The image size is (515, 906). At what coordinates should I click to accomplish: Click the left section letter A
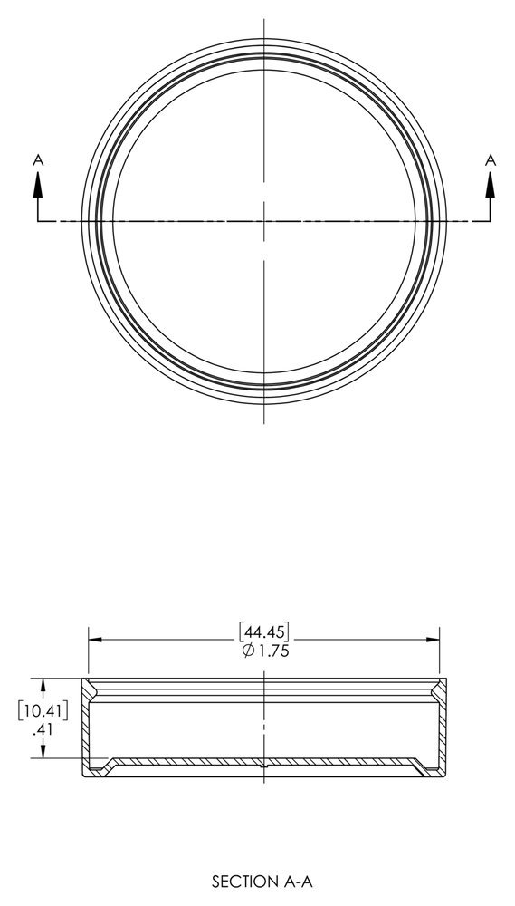[38, 159]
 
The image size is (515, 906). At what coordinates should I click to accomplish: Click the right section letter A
[491, 159]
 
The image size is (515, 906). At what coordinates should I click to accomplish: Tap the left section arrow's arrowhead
[38, 182]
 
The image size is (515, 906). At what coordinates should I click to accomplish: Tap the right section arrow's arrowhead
[491, 182]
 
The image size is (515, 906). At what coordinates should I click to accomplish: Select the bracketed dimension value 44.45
[263, 630]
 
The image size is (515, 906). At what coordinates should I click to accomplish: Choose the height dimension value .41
[40, 728]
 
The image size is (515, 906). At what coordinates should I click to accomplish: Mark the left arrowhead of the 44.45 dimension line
[93, 640]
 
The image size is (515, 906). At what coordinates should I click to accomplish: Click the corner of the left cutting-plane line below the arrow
[38, 220]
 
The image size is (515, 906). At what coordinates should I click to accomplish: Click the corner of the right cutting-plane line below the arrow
[491, 220]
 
